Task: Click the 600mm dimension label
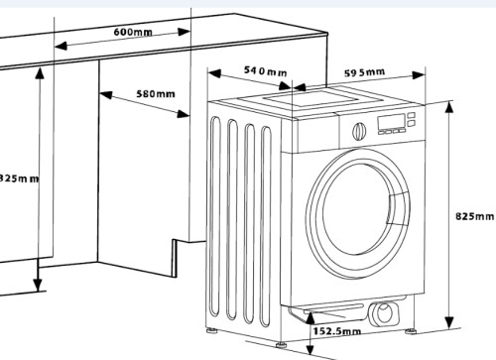pyautogui.click(x=132, y=33)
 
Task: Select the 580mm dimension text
pyautogui.click(x=156, y=94)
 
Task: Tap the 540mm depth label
pyautogui.click(x=265, y=72)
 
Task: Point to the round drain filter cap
pyautogui.click(x=383, y=314)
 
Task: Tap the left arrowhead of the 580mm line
pyautogui.click(x=102, y=96)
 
